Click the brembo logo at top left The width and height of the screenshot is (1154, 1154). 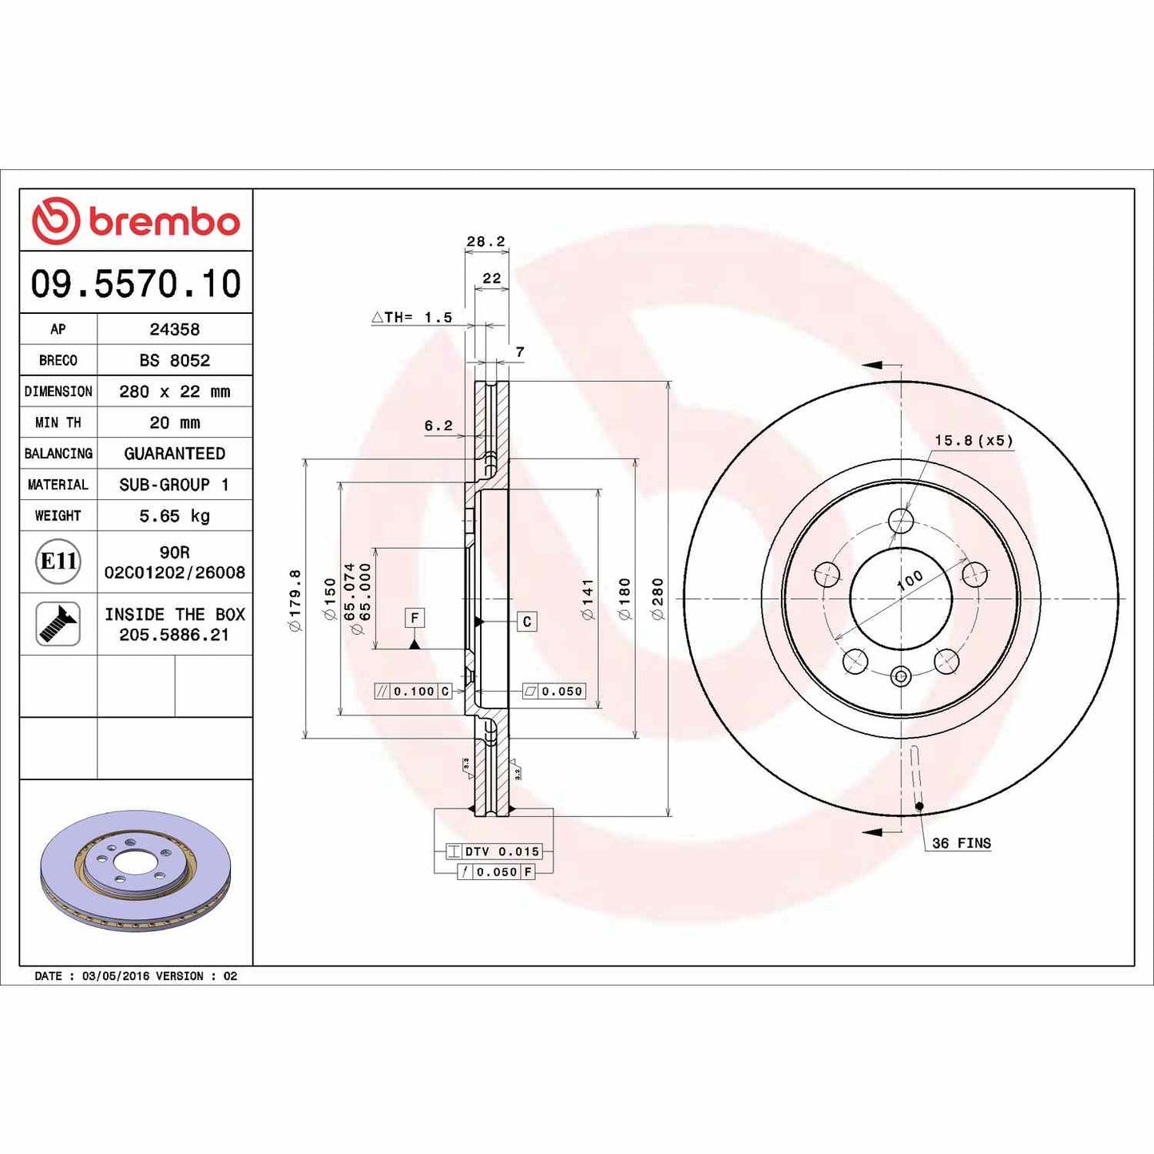click(136, 220)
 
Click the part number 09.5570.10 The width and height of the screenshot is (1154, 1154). click(136, 284)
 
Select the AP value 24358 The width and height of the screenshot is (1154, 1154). click(174, 329)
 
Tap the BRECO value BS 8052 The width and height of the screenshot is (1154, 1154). click(174, 360)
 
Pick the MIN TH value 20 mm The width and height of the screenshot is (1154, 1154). click(174, 422)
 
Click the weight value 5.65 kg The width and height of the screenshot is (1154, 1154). click(174, 516)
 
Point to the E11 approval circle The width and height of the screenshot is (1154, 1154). click(58, 561)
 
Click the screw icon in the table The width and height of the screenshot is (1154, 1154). click(58, 624)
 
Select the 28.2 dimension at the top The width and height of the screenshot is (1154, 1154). click(486, 241)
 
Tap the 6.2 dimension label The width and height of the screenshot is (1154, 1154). click(438, 426)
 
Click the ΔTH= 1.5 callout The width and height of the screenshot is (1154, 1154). click(412, 317)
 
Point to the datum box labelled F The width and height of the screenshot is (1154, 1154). click(414, 617)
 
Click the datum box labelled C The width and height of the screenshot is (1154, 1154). click(527, 621)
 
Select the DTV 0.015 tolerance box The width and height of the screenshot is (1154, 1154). click(494, 851)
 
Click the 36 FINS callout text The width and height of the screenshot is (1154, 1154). click(962, 843)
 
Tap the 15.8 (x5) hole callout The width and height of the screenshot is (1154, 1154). click(974, 441)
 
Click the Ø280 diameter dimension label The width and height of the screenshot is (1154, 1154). click(657, 599)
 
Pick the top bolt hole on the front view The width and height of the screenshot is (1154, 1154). click(901, 521)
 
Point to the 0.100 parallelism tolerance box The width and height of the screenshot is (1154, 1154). click(414, 692)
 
